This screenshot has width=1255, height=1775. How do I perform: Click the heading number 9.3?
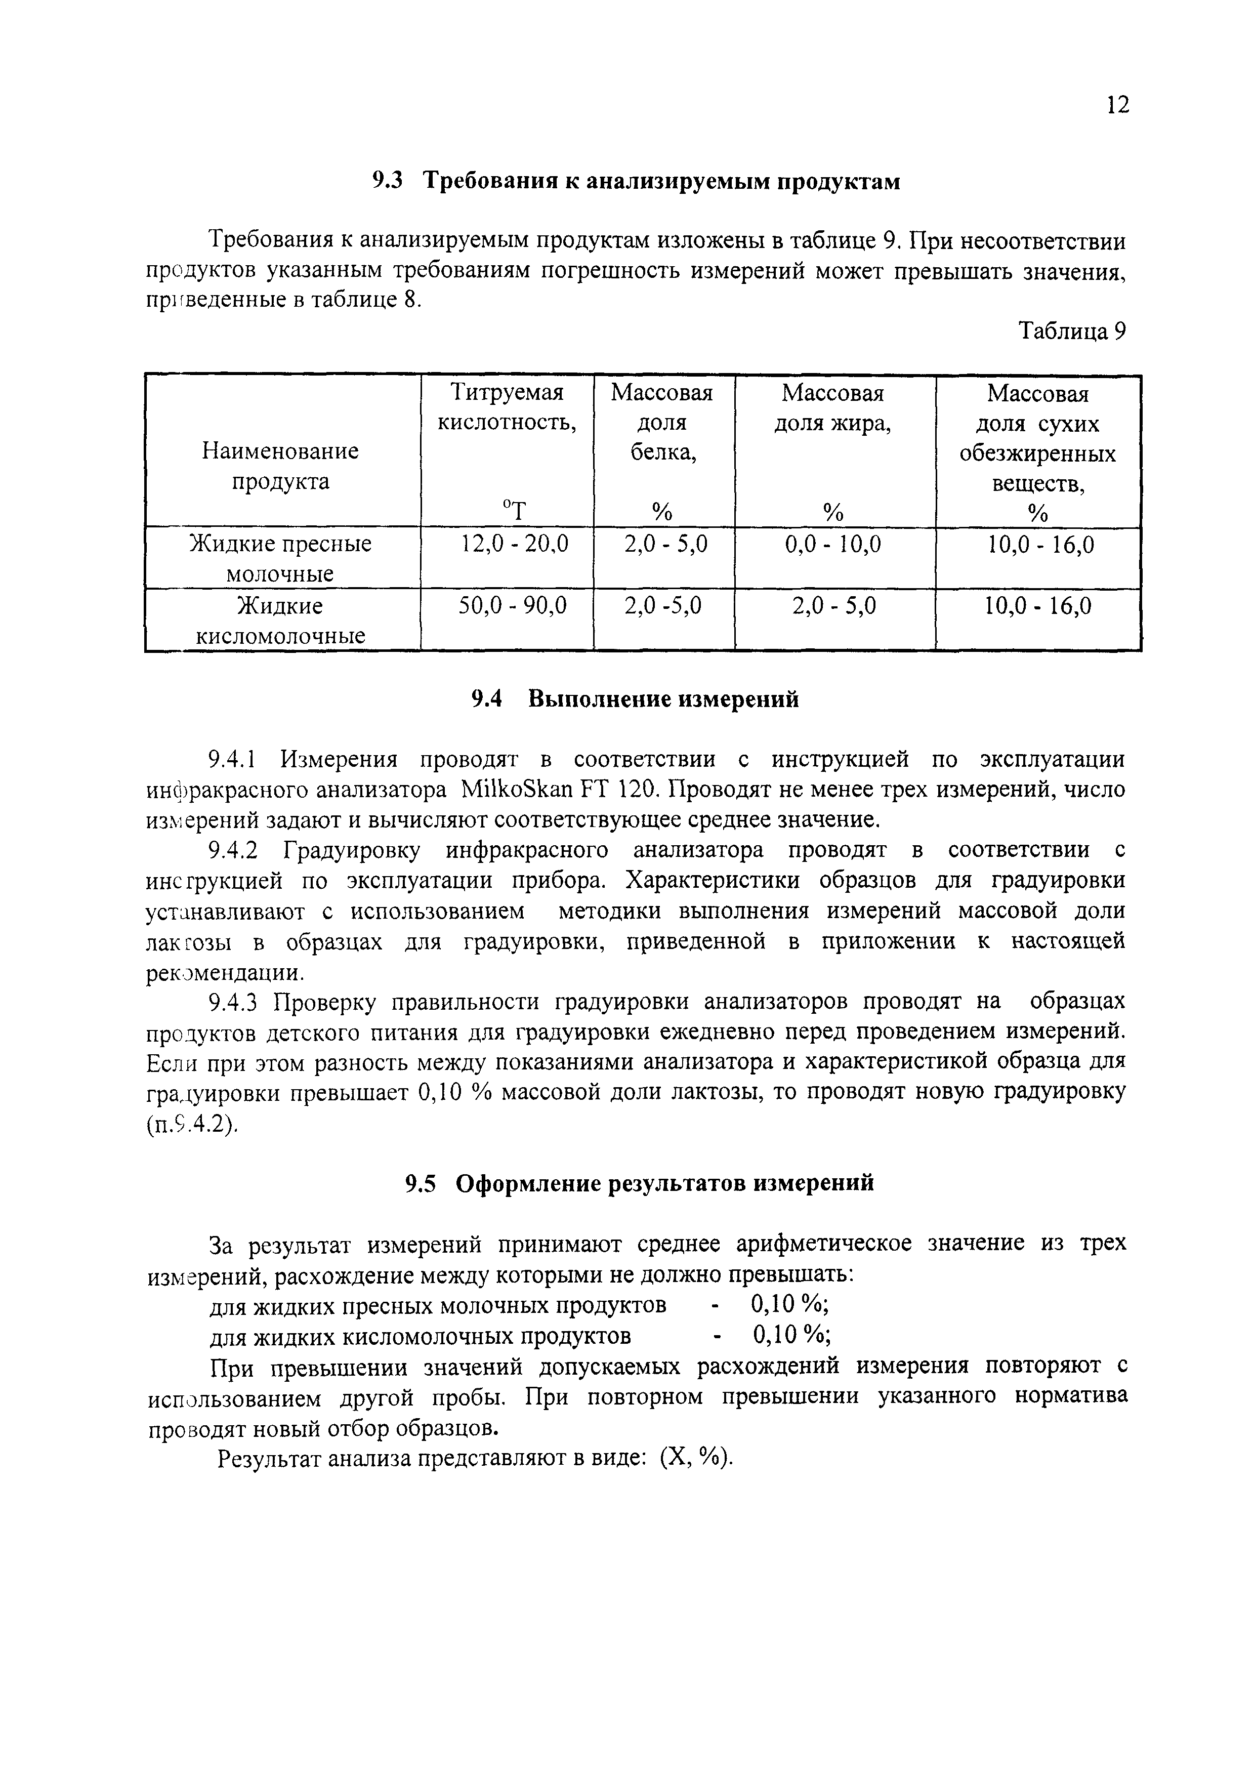coord(388,182)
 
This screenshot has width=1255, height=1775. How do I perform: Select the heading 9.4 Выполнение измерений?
coord(635,699)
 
